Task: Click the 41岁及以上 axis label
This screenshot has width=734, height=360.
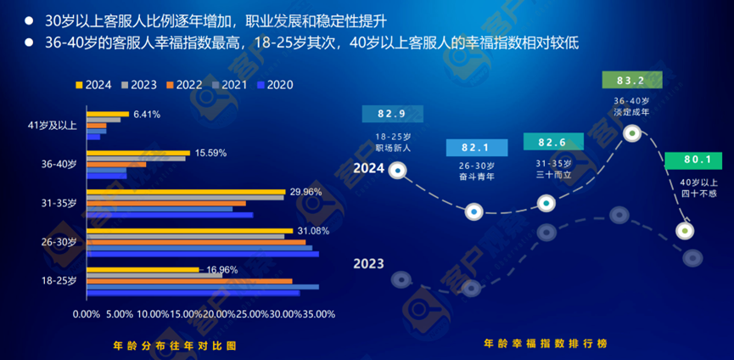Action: pyautogui.click(x=53, y=126)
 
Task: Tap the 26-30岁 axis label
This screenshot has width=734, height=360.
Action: pyautogui.click(x=59, y=242)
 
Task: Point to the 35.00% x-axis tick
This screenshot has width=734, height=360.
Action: pyautogui.click(x=319, y=313)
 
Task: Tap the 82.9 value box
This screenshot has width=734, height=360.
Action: pyautogui.click(x=391, y=114)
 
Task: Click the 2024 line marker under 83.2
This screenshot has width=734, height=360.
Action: pyautogui.click(x=632, y=133)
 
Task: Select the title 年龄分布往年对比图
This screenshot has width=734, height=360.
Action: pyautogui.click(x=174, y=346)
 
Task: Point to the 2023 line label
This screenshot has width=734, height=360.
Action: pyautogui.click(x=368, y=264)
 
